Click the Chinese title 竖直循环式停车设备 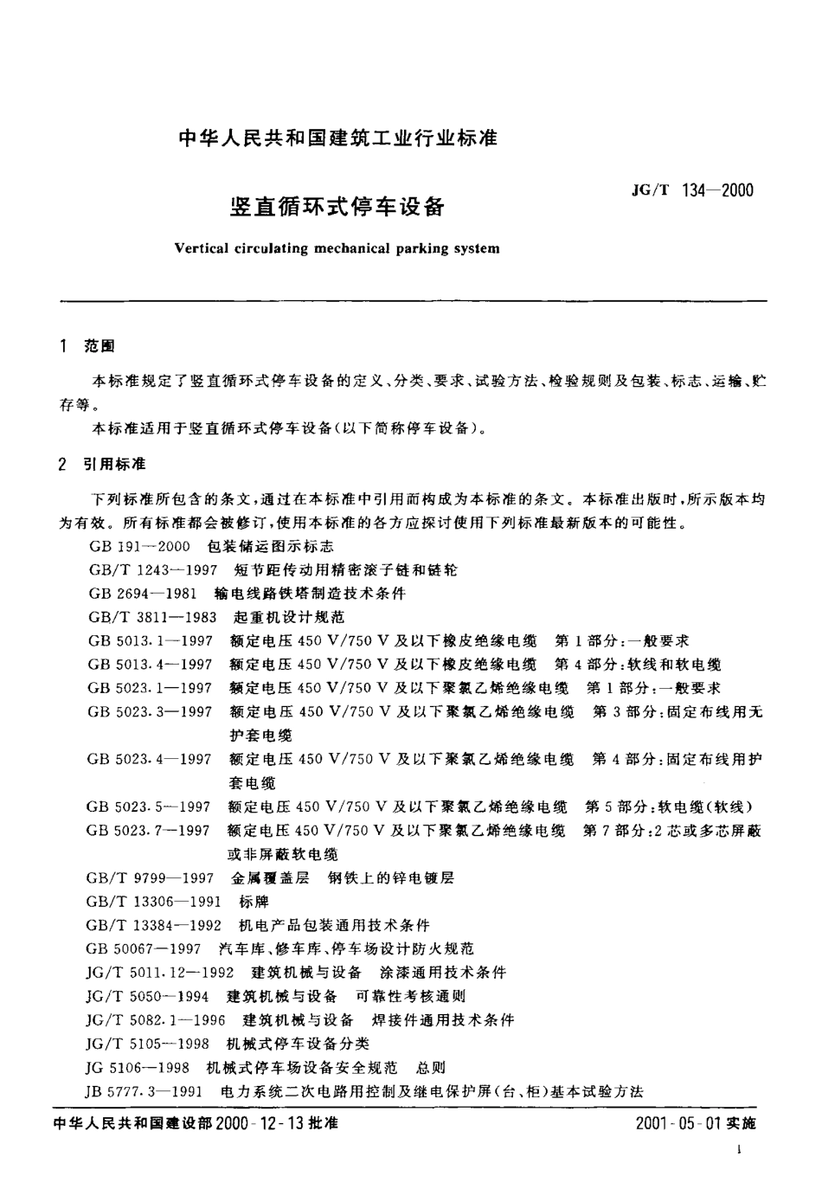coord(337,208)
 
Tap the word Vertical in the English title coord(202,248)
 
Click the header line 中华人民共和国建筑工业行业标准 coord(337,138)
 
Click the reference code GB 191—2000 coord(138,547)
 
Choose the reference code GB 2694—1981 coord(142,594)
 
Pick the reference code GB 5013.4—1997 coord(150,665)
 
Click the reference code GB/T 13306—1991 coord(154,902)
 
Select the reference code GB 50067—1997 coord(144,949)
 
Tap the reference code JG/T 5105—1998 coord(149,1044)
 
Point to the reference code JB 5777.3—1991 coord(144,1091)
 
